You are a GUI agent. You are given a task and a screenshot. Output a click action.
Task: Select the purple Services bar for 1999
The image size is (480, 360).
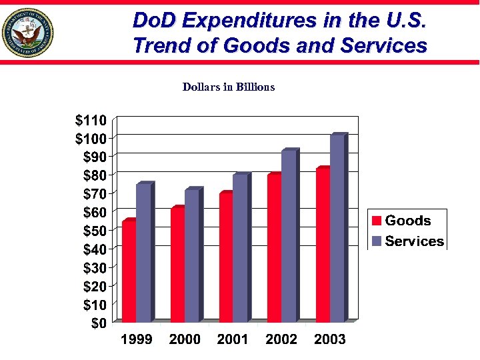click(x=143, y=253)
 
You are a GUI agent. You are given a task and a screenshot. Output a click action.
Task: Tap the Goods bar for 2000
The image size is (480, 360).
click(x=177, y=265)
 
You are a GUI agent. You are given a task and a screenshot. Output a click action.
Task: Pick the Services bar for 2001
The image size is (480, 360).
click(x=240, y=249)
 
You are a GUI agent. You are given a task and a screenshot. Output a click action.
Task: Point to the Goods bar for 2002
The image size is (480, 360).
click(x=274, y=249)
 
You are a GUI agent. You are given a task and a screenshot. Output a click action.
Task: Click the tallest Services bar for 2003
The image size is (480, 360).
click(x=337, y=229)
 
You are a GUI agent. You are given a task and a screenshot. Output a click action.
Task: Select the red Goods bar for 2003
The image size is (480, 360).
click(x=323, y=245)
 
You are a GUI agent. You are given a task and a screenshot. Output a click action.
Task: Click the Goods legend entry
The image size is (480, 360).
click(x=401, y=221)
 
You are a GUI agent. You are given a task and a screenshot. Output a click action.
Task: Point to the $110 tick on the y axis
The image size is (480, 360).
click(x=90, y=121)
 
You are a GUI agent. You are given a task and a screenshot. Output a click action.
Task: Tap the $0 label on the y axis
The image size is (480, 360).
click(x=97, y=323)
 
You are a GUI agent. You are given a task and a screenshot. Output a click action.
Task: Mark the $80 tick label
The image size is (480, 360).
click(x=93, y=175)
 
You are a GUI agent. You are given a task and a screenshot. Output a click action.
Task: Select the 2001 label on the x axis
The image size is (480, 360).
click(x=233, y=340)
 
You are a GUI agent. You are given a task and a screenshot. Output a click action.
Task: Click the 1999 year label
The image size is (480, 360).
click(x=136, y=340)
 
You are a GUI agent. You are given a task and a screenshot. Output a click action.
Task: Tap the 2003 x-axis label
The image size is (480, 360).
click(x=330, y=340)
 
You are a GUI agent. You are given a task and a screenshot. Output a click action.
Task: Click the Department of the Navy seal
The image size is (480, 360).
click(x=27, y=33)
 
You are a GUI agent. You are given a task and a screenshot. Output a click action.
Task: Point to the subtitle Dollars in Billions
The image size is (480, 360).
click(x=229, y=87)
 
